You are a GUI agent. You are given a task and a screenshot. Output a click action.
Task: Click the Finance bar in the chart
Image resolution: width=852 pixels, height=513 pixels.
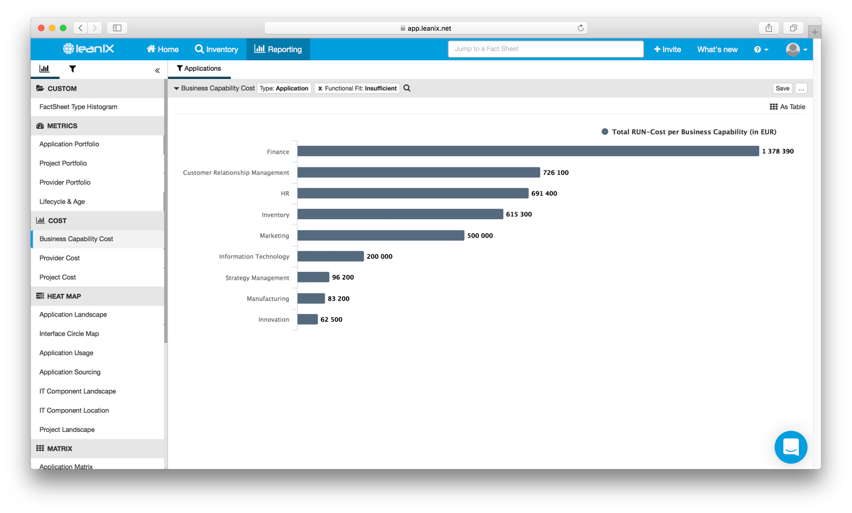coord(528,151)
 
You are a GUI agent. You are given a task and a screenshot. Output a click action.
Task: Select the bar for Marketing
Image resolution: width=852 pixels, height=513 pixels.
coord(381,236)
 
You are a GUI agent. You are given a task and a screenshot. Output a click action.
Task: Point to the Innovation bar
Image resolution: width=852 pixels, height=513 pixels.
coord(307,319)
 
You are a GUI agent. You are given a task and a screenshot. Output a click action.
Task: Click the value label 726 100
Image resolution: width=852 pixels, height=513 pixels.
coord(556,173)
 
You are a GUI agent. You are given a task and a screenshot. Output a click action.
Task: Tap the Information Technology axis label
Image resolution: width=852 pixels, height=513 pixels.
coord(254,256)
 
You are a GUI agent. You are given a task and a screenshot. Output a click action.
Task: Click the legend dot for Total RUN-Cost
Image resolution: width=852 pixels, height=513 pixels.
coord(605,132)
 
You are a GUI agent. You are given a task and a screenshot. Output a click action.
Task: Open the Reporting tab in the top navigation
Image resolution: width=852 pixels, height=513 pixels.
coord(278,49)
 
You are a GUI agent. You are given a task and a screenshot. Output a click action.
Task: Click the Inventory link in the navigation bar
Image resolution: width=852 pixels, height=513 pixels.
coord(216,49)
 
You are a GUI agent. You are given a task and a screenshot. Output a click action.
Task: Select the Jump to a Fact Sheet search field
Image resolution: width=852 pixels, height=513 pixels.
coord(545,49)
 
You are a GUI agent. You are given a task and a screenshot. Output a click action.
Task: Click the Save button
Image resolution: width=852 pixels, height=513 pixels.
coord(782,89)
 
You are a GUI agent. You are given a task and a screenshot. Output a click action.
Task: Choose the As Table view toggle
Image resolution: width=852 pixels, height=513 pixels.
coord(787,107)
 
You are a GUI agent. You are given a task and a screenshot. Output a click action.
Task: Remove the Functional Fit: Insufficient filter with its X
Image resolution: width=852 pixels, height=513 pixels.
coord(320,89)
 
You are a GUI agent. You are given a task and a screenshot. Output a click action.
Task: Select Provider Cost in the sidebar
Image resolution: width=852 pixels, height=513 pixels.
coord(60,258)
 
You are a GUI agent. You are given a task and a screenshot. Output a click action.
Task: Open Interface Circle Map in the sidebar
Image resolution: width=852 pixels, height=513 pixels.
coord(69,334)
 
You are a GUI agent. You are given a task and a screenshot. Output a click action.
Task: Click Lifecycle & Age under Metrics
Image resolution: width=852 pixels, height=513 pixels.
coord(62,201)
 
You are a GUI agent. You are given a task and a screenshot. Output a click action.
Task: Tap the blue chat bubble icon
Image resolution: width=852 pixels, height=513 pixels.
coord(791,447)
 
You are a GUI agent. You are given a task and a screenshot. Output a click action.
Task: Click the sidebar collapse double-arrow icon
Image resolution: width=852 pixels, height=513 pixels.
coord(157,70)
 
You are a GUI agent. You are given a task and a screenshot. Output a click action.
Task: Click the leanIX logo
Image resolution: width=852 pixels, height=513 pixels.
coord(89,49)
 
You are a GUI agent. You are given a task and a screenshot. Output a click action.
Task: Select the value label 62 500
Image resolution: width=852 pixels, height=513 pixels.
coord(331,319)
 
